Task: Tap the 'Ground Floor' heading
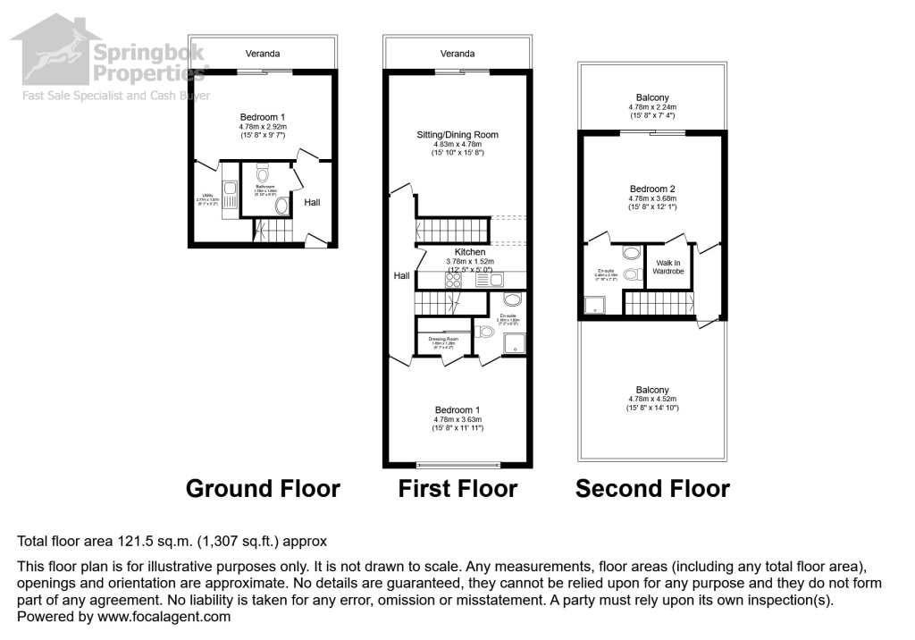263,489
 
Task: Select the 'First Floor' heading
457,489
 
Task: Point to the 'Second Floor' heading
652,489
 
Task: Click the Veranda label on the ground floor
263,54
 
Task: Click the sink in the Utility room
230,188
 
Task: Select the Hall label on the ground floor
312,203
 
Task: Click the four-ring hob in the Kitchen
452,279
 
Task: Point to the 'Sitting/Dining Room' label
457,135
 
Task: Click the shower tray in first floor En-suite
515,343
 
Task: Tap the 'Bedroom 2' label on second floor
652,189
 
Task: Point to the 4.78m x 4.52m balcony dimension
652,400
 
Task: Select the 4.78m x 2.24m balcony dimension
652,106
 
